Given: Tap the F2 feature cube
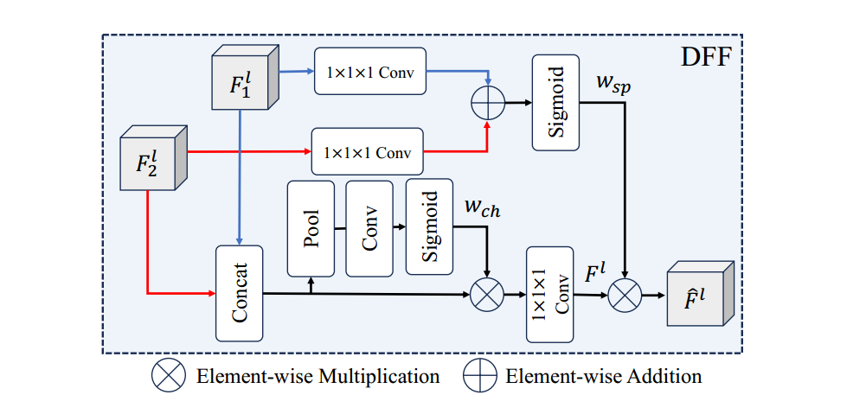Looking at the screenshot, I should [152, 162].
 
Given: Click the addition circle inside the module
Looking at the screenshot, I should [487, 103].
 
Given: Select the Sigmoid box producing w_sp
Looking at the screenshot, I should [556, 101].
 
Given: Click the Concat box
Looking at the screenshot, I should [239, 293].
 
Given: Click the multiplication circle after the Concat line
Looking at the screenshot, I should [486, 295].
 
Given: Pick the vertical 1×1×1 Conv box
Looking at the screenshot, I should [551, 295].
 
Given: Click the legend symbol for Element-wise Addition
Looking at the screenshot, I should [479, 376].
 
